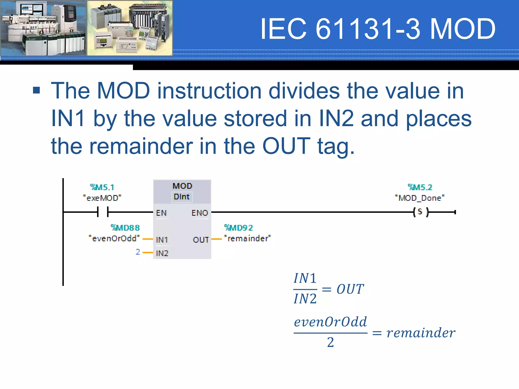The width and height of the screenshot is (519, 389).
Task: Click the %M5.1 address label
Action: [x=102, y=187]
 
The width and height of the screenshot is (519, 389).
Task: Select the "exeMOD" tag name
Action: [x=102, y=198]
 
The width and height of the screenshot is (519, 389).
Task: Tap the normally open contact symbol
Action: [x=103, y=212]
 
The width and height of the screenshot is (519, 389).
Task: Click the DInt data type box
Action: [x=182, y=197]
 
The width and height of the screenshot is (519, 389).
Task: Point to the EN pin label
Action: [x=161, y=213]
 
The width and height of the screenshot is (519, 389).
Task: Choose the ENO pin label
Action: [x=200, y=213]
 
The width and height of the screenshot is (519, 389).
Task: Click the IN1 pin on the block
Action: [x=162, y=240]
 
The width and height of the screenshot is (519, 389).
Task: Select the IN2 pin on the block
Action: [x=162, y=253]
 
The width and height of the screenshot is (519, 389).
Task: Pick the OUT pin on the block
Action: [x=201, y=240]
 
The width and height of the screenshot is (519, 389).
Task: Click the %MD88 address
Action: [x=125, y=228]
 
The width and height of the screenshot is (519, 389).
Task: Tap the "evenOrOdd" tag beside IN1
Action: [x=114, y=238]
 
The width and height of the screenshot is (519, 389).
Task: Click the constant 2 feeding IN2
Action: [x=138, y=252]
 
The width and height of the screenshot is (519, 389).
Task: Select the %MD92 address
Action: [x=238, y=228]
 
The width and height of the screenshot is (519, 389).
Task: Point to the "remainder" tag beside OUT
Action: [x=248, y=238]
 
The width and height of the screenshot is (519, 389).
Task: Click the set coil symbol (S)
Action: [x=420, y=212]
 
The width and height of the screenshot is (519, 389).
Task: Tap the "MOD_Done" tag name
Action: [x=420, y=198]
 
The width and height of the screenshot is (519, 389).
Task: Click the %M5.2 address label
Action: [x=420, y=187]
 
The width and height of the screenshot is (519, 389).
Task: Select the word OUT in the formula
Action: [x=350, y=289]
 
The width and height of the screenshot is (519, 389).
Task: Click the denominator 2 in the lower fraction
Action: [x=330, y=342]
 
